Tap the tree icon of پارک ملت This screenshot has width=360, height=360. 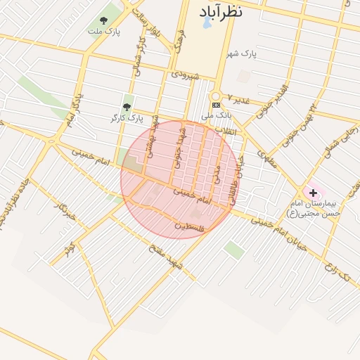(x=104, y=21)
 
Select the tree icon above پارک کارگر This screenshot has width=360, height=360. (x=127, y=107)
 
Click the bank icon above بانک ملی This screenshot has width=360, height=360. (x=216, y=105)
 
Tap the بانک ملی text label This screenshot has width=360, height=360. (x=216, y=115)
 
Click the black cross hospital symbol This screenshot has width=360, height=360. (x=312, y=192)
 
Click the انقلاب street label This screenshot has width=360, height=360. (x=231, y=131)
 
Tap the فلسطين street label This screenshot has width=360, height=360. (x=192, y=226)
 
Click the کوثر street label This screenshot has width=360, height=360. (x=69, y=248)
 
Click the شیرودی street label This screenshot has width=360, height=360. (x=185, y=75)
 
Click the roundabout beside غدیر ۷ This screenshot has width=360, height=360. (x=216, y=95)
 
